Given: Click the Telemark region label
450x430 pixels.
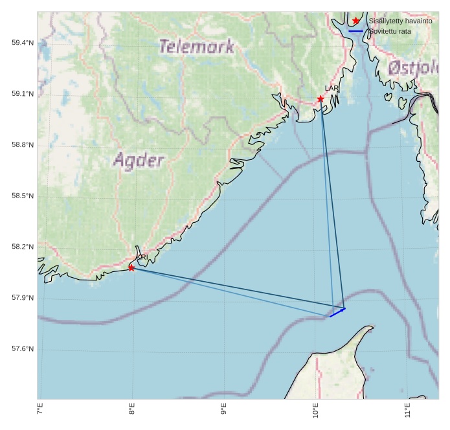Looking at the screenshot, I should pyautogui.click(x=196, y=47).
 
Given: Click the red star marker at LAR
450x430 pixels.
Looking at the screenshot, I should pyautogui.click(x=321, y=99).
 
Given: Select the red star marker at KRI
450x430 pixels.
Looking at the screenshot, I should pyautogui.click(x=131, y=267).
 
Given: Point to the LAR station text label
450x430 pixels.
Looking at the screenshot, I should pyautogui.click(x=332, y=88).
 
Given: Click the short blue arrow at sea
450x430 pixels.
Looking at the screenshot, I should pyautogui.click(x=337, y=313).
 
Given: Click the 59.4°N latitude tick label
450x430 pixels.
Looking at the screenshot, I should pyautogui.click(x=22, y=43).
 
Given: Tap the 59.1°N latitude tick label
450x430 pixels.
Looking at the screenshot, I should pyautogui.click(x=22, y=94).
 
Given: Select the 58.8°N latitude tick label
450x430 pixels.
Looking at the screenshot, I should pyautogui.click(x=22, y=145).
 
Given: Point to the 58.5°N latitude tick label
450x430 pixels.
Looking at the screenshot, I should pyautogui.click(x=22, y=196).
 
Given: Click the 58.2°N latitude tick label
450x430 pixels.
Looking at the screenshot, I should pyautogui.click(x=22, y=247).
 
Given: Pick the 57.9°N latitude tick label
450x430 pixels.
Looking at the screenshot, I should pyautogui.click(x=22, y=299).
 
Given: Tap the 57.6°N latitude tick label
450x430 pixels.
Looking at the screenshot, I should pyautogui.click(x=22, y=350).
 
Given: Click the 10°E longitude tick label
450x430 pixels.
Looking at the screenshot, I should pyautogui.click(x=315, y=411).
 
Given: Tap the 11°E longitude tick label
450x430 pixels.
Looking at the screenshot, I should pyautogui.click(x=407, y=411).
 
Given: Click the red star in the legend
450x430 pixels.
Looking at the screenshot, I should pyautogui.click(x=356, y=21).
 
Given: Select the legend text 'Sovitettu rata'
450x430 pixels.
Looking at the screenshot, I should pyautogui.click(x=390, y=31).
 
